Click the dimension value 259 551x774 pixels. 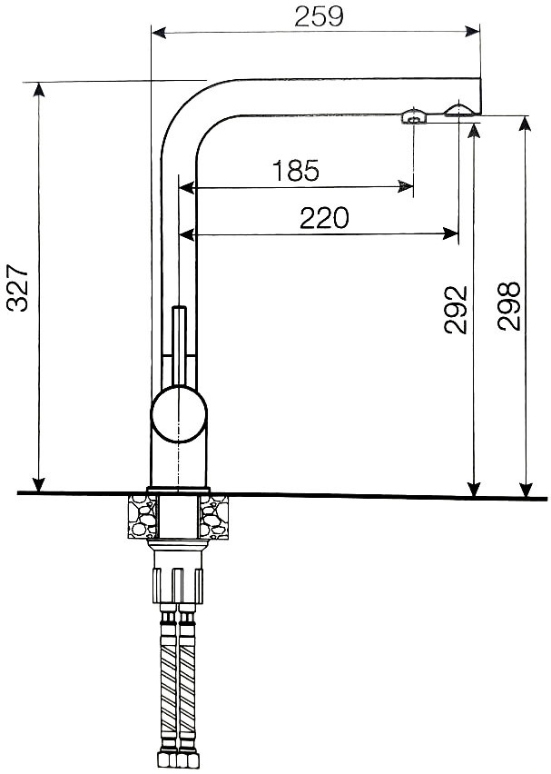tap(319, 16)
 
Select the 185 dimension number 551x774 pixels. tap(296, 170)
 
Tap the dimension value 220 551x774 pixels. tap(324, 218)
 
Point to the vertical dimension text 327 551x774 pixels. tap(18, 288)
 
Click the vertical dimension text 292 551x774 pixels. tap(456, 310)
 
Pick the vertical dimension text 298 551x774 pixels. tap(509, 306)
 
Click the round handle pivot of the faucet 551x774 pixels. tap(179, 413)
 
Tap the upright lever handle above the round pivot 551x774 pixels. tap(179, 345)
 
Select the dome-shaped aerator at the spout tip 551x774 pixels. tap(459, 110)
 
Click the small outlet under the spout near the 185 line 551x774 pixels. tap(413, 116)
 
